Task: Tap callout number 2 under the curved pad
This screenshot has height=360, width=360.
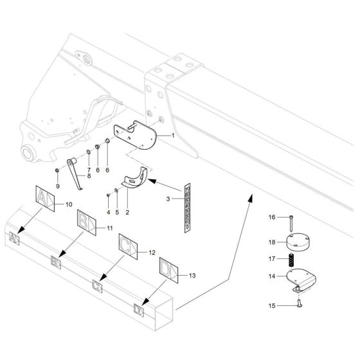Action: coord(127,212)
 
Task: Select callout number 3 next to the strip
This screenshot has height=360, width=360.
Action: coord(169,199)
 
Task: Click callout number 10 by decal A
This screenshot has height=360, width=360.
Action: coord(68,204)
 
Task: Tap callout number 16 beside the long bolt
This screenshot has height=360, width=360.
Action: coord(271,217)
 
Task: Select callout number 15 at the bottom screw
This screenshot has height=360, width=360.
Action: coord(271,305)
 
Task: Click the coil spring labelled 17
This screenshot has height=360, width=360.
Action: coord(291,260)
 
